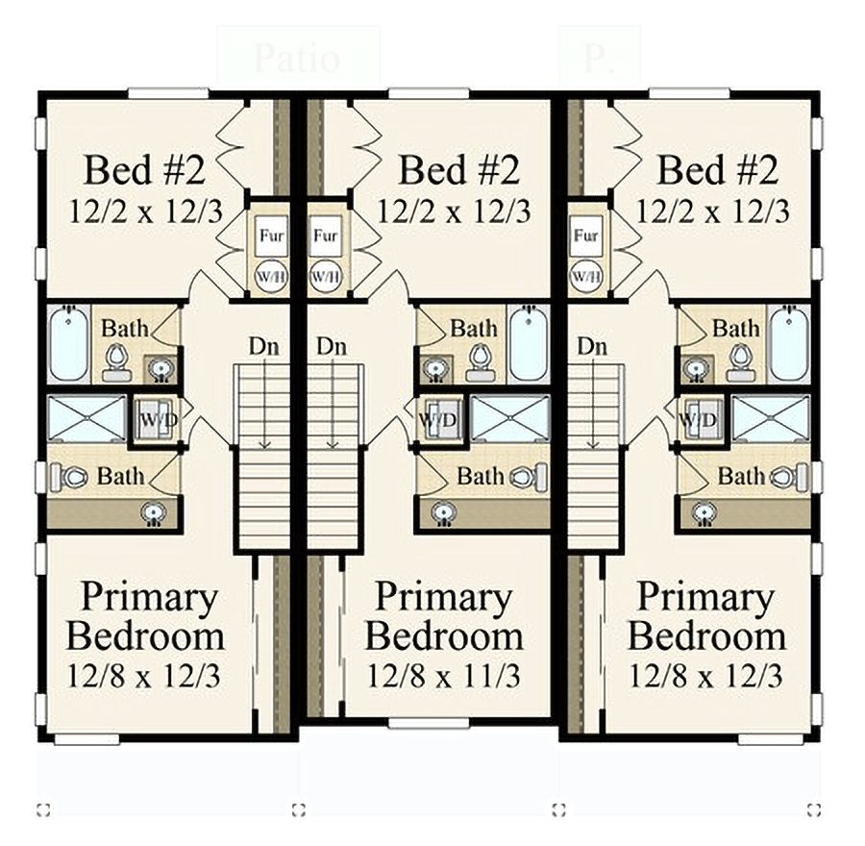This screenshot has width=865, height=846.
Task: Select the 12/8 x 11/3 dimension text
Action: [x=443, y=676]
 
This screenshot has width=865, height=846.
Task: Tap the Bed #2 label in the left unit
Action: [x=144, y=170]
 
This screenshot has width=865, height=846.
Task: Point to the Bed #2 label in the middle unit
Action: [x=458, y=170]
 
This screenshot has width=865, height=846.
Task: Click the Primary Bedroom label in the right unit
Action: [x=705, y=616]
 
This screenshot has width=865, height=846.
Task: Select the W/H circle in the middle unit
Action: [x=325, y=276]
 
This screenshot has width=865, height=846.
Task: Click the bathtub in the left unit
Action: [x=68, y=343]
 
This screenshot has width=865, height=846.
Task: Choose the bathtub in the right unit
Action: [x=788, y=343]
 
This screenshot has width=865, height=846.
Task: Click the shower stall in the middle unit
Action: [x=509, y=419]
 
